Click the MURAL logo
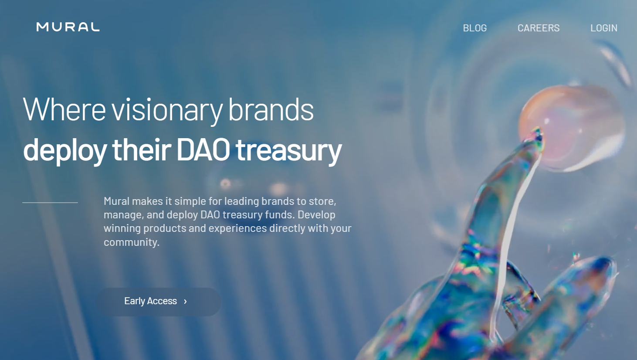[68, 27]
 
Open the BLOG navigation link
[474, 28]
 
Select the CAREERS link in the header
[539, 28]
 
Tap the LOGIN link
[604, 28]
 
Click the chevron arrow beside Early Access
[186, 302]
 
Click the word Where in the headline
[64, 109]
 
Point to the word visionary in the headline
[167, 111]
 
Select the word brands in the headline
[271, 109]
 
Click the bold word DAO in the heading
[203, 149]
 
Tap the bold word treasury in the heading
[288, 152]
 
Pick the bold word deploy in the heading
[65, 152]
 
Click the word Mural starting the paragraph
[117, 201]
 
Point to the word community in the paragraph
[132, 242]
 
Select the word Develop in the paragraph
[316, 215]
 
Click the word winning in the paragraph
[122, 229]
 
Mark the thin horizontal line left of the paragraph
[50, 203]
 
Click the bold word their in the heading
[142, 149]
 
